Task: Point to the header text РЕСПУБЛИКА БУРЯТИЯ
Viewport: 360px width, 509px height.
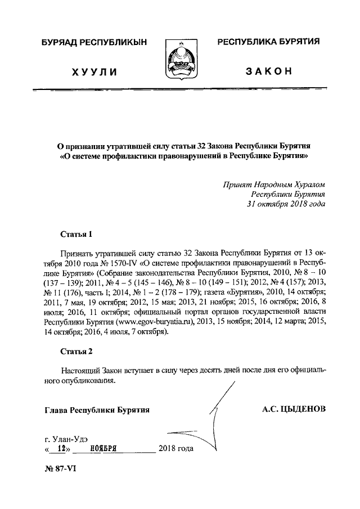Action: click(268, 42)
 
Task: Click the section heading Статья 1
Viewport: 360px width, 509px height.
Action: click(76, 232)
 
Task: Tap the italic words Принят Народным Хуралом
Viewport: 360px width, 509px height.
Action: click(273, 184)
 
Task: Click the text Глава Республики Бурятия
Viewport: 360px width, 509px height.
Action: click(97, 410)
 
